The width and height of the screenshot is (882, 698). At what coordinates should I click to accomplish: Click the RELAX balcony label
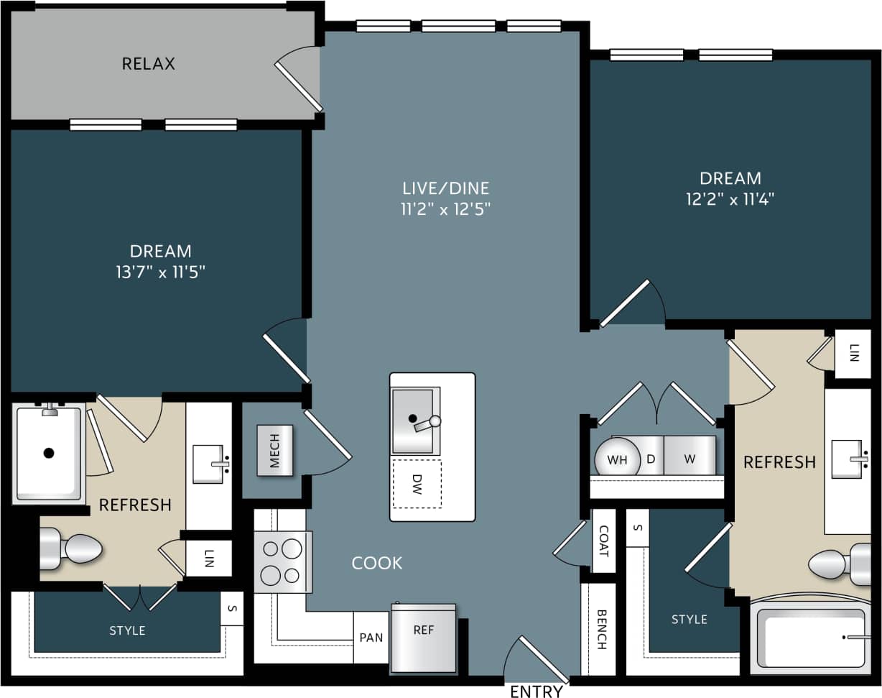click(148, 63)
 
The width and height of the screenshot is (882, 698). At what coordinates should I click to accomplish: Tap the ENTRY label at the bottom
click(536, 691)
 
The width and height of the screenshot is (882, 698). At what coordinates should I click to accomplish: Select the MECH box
click(275, 450)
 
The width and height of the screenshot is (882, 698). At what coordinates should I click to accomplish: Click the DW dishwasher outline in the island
click(417, 484)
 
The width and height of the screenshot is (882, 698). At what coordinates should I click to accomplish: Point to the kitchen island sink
click(414, 421)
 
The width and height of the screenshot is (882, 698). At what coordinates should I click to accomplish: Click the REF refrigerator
click(423, 637)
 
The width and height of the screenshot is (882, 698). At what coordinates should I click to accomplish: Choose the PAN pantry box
click(371, 638)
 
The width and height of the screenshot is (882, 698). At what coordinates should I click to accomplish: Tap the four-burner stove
click(282, 561)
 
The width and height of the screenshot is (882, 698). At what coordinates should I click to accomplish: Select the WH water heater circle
click(617, 459)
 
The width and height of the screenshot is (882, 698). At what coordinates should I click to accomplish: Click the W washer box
click(690, 457)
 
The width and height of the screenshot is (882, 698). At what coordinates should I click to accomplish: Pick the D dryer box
click(651, 457)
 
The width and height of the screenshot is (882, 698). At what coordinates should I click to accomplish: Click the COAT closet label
click(603, 541)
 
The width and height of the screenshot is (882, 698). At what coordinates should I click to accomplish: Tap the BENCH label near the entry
click(601, 629)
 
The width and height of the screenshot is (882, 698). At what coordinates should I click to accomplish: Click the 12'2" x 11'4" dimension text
click(730, 199)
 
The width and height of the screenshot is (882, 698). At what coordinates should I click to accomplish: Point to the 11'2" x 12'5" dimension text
click(445, 209)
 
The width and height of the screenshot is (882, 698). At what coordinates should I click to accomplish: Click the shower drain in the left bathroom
click(49, 453)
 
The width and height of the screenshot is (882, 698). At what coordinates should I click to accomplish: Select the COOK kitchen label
click(377, 563)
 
